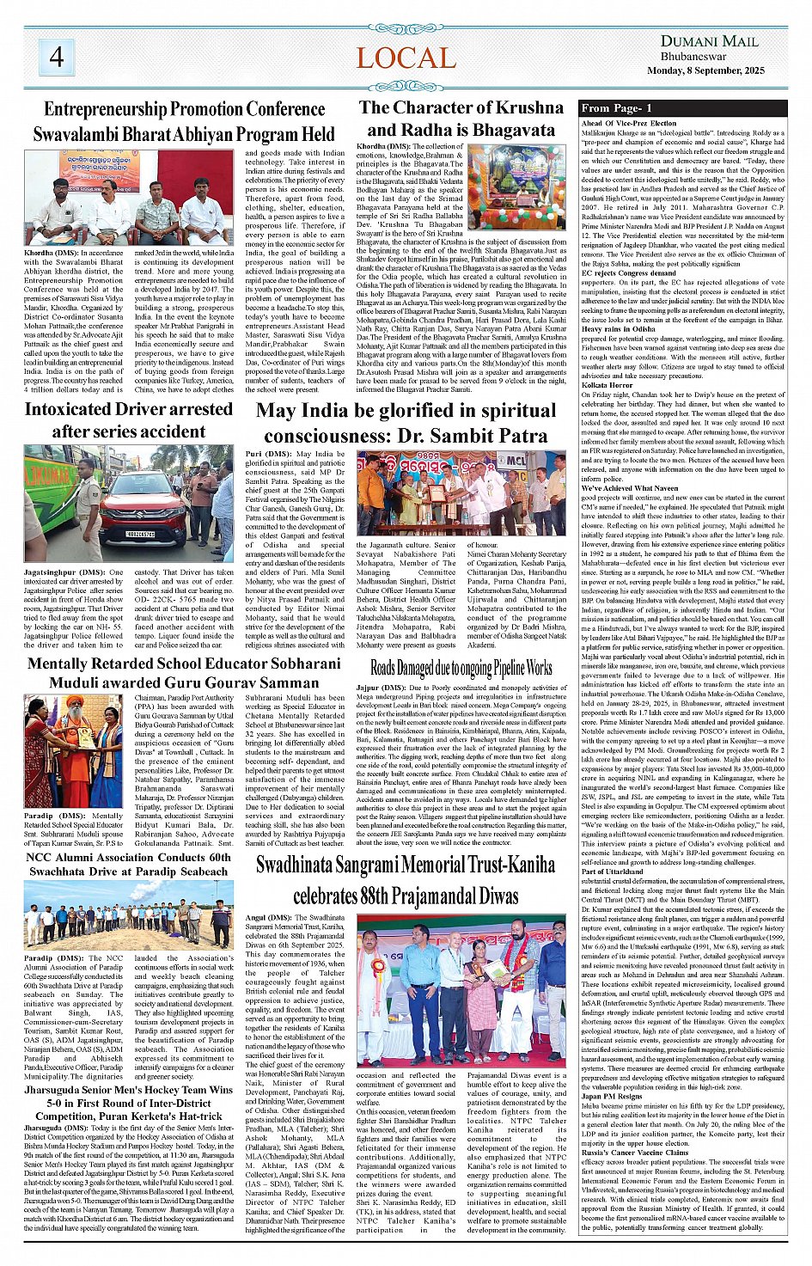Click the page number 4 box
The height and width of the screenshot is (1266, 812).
click(x=57, y=57)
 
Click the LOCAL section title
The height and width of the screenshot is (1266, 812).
click(x=406, y=58)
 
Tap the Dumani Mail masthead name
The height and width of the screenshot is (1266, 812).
click(x=709, y=40)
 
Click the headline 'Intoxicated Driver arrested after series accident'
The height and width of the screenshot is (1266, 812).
click(x=128, y=420)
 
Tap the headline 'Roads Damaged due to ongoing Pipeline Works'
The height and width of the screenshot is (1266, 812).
click(x=461, y=668)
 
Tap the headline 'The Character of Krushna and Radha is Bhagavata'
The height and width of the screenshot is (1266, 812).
click(x=461, y=119)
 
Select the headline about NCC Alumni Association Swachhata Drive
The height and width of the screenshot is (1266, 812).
click(x=128, y=864)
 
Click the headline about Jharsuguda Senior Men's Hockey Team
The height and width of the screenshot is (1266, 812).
click(x=128, y=1103)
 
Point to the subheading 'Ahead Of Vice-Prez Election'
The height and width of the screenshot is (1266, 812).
click(x=629, y=124)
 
